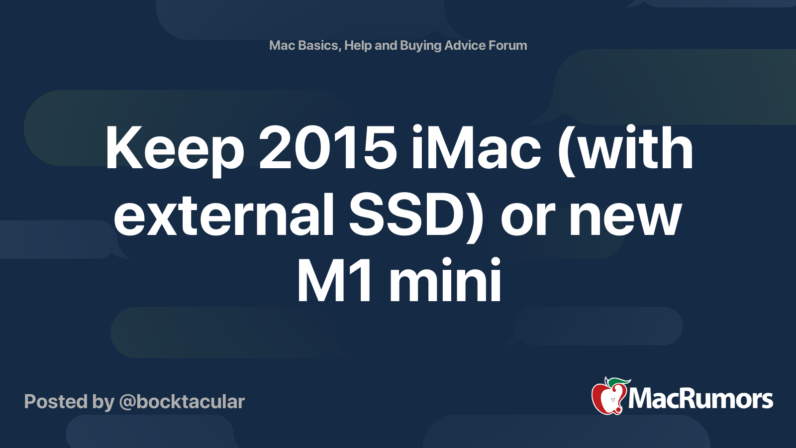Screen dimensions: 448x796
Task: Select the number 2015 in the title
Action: [x=327, y=148]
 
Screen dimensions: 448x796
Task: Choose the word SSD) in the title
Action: [x=416, y=216]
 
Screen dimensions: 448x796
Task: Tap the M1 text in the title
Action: [x=334, y=281]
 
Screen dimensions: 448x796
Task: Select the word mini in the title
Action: [x=445, y=281]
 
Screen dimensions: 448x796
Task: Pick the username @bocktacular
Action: [x=182, y=402]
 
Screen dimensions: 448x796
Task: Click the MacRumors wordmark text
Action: [x=700, y=399]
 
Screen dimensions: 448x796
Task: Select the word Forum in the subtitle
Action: [x=507, y=45]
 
